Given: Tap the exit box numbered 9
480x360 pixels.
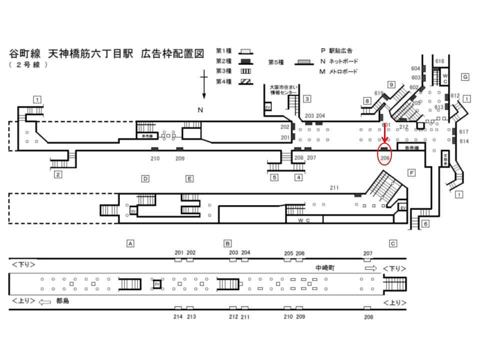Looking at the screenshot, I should point(391,84).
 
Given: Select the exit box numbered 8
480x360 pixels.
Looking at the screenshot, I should point(367,100).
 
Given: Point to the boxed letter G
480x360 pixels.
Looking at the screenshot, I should point(464,76).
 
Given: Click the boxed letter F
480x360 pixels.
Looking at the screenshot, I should point(411,173).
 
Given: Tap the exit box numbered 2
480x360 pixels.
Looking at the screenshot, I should point(58,174).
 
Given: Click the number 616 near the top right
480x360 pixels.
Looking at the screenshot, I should point(439,61).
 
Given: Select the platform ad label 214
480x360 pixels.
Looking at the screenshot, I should point(178,317).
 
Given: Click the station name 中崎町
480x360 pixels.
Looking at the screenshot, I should point(325,268).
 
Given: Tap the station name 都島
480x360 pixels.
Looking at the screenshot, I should point(62,301).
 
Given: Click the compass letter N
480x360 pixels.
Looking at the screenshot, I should point(200,110).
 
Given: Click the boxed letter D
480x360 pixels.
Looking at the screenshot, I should point(145,178).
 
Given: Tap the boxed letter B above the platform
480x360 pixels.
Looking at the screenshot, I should point(227,243).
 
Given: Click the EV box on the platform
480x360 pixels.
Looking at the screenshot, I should point(156,284).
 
